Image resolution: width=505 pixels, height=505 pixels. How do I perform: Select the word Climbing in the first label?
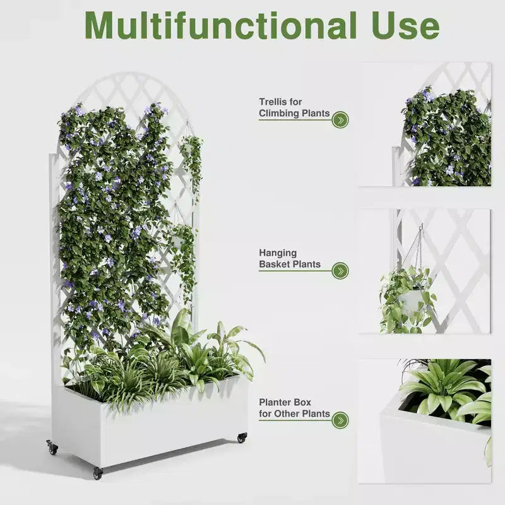tap(279, 114)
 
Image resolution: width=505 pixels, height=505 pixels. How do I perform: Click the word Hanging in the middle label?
tap(278, 253)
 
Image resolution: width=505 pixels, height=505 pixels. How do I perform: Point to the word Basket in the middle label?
tap(275, 264)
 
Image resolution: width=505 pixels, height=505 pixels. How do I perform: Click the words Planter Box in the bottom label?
tap(285, 402)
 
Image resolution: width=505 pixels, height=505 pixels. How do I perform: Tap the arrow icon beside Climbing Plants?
tap(340, 120)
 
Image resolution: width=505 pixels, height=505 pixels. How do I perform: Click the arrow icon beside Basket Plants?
tap(340, 271)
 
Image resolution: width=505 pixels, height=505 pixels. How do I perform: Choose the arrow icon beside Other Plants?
tap(340, 420)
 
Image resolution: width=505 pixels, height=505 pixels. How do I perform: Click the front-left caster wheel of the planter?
tap(97, 473)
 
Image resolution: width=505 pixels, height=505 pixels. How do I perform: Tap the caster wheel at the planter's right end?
tap(242, 437)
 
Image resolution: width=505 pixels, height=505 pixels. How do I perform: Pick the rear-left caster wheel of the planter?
tap(52, 448)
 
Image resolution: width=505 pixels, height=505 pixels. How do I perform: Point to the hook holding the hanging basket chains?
tap(420, 227)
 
